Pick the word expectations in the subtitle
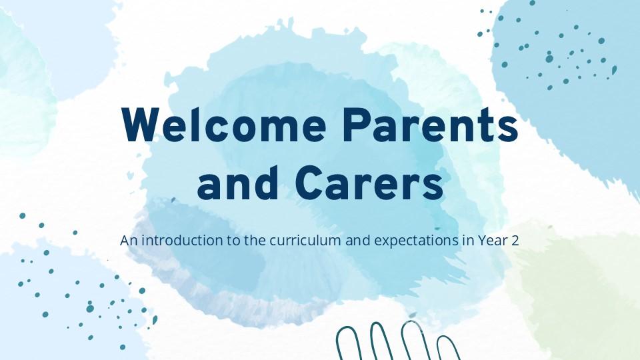416,241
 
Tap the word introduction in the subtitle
182,241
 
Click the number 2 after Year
515,241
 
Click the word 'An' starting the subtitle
129,241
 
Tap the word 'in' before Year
468,241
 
